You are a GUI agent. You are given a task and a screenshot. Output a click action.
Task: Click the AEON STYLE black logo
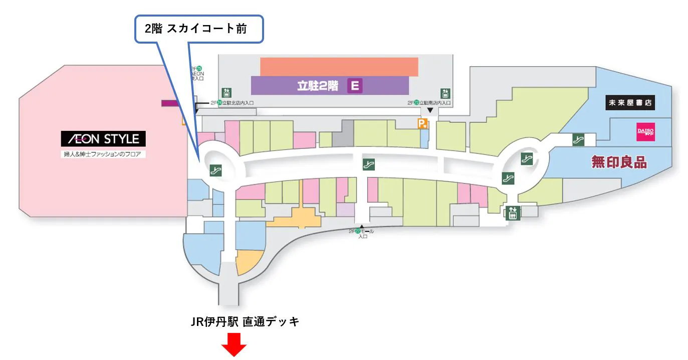(x=103, y=139)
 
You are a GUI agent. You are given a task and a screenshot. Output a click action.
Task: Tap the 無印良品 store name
(x=619, y=162)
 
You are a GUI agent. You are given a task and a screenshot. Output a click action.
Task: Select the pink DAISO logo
(x=645, y=131)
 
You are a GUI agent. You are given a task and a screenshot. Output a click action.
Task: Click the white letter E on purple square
(x=355, y=86)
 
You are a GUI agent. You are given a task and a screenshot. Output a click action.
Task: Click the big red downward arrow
(x=234, y=345)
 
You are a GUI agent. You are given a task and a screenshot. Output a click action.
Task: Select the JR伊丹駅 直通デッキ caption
(x=245, y=322)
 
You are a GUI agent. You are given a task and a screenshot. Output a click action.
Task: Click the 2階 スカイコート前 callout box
(x=198, y=29)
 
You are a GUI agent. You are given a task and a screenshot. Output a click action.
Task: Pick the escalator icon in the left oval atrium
(x=217, y=170)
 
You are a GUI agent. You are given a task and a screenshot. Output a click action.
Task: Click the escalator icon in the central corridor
(x=369, y=164)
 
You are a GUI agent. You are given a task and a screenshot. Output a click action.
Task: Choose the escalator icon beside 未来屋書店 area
(x=579, y=140)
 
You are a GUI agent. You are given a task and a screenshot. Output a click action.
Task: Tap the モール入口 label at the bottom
(x=362, y=233)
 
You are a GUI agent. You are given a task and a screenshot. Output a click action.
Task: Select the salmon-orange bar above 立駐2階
(x=339, y=67)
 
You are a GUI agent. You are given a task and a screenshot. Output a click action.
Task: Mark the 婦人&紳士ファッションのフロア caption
(x=103, y=154)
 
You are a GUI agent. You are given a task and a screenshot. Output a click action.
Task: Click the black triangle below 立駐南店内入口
(x=429, y=110)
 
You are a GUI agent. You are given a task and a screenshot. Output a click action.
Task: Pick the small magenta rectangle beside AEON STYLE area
(x=170, y=103)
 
